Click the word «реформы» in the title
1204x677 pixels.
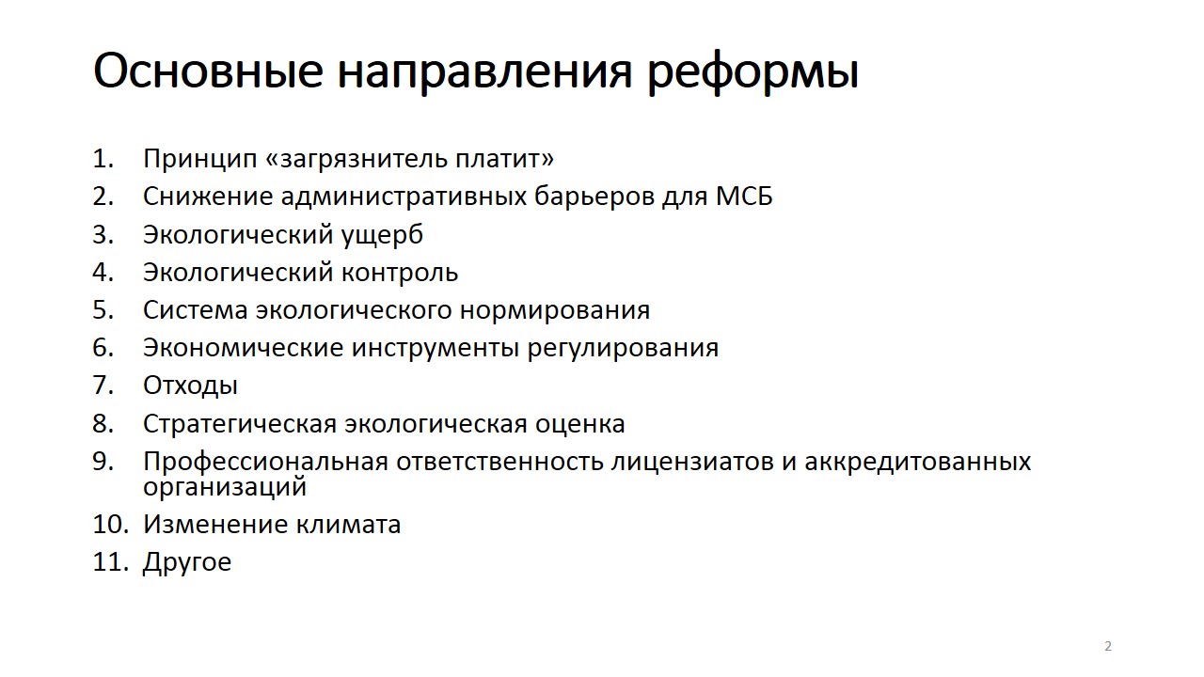coord(752,72)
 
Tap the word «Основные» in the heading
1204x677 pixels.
coord(209,71)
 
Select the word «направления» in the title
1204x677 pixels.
coord(484,72)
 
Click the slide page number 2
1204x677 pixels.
coord(1108,646)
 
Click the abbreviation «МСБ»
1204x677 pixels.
coord(744,197)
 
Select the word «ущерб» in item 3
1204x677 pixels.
coord(382,235)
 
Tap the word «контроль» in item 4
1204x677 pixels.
coord(400,273)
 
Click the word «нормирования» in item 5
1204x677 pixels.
coord(555,311)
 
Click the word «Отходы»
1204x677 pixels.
coord(190,386)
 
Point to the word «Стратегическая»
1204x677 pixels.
coord(240,424)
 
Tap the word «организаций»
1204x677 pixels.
coord(225,487)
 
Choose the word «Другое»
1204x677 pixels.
coord(187,562)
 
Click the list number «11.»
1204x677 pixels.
coord(111,562)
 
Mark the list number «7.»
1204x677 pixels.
coord(103,386)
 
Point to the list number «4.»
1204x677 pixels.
coord(103,272)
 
